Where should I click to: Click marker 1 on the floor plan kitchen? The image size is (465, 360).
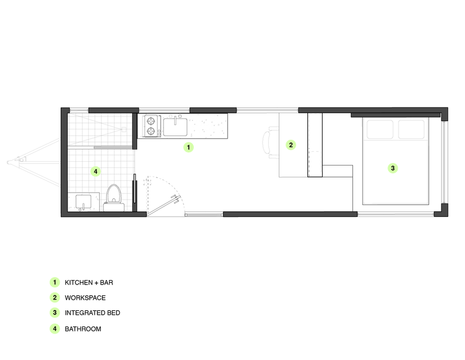click(188, 147)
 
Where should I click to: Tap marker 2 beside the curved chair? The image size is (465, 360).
click(290, 144)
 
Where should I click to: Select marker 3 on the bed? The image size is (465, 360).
click(393, 168)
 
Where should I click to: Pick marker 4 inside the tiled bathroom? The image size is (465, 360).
click(95, 171)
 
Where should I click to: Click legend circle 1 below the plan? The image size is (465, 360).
click(55, 283)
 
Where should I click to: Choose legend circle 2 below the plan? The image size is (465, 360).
click(55, 297)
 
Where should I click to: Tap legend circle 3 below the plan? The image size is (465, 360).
click(55, 312)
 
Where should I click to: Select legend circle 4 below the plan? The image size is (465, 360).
click(55, 329)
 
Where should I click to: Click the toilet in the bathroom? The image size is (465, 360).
click(115, 198)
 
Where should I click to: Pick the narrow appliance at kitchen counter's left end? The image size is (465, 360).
click(149, 126)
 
